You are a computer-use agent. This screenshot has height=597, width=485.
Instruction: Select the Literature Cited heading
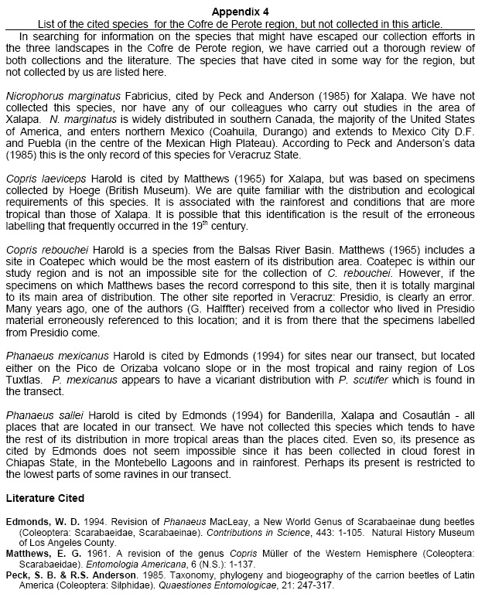45,496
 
